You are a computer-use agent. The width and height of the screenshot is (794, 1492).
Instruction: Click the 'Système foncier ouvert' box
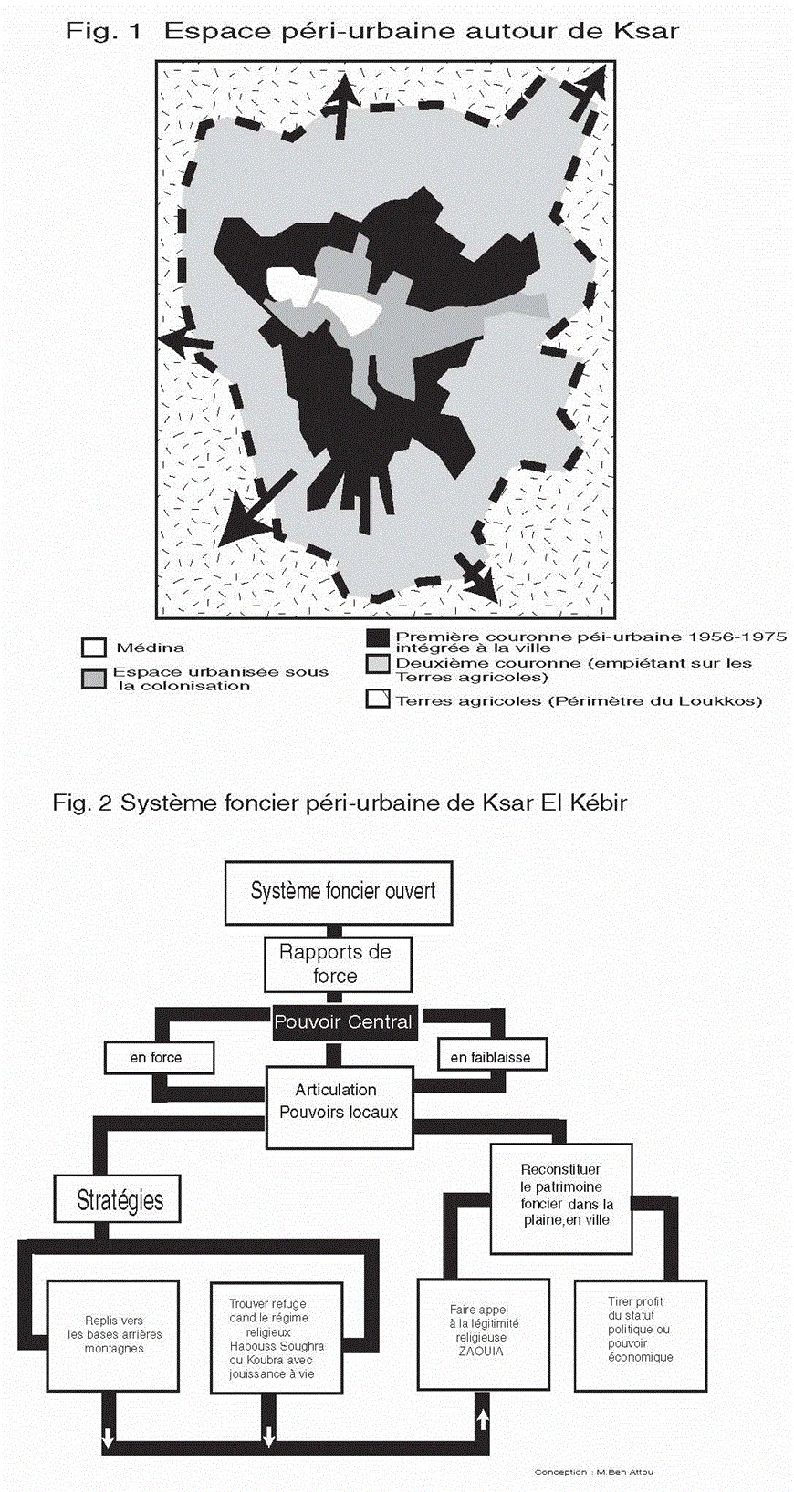pyautogui.click(x=339, y=891)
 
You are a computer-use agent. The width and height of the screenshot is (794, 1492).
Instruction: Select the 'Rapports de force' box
pyautogui.click(x=337, y=964)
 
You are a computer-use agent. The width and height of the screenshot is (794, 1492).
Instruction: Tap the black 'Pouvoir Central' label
pyautogui.click(x=343, y=1022)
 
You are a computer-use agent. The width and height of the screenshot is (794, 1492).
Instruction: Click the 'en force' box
pyautogui.click(x=158, y=1057)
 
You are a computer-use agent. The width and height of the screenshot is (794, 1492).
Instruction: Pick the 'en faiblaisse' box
pyautogui.click(x=491, y=1057)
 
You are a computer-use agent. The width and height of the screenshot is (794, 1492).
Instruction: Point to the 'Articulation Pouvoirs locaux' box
pyautogui.click(x=338, y=1101)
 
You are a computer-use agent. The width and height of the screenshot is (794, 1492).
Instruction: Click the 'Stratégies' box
pyautogui.click(x=119, y=1200)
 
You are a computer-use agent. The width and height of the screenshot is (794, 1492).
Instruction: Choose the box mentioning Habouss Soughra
pyautogui.click(x=275, y=1338)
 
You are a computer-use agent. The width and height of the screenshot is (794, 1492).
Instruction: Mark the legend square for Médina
pyautogui.click(x=93, y=648)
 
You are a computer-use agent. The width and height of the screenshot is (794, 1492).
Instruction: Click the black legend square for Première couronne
pyautogui.click(x=377, y=638)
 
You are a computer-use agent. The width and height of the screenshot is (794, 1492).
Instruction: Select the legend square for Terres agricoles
pyautogui.click(x=377, y=700)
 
